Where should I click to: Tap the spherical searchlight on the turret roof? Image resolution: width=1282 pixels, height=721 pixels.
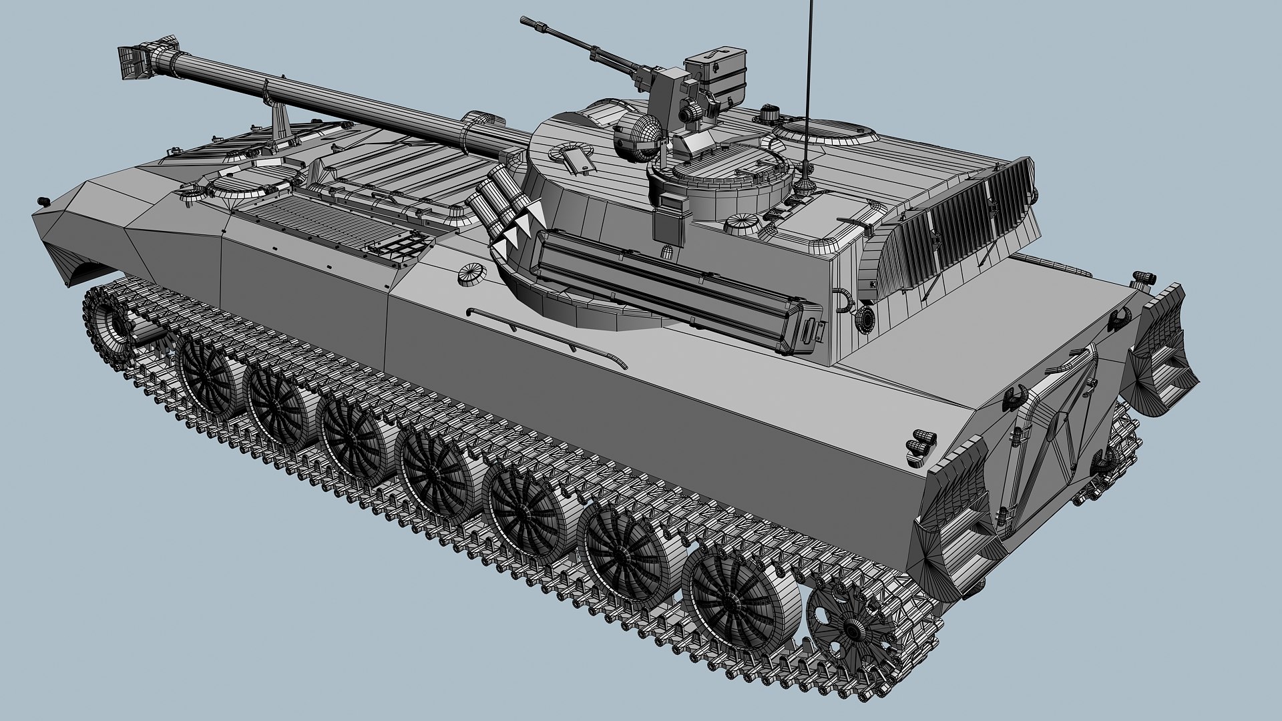coord(638,137)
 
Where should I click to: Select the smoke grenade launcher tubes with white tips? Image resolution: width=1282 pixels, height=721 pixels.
coord(504,207)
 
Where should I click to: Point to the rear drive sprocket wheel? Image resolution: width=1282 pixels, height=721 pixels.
coord(851,628)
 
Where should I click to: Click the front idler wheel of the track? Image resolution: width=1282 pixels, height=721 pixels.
coord(110,320)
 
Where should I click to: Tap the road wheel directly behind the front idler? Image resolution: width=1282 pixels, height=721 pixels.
coord(204,377)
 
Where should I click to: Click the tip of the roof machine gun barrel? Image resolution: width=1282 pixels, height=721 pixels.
coord(524,19)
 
